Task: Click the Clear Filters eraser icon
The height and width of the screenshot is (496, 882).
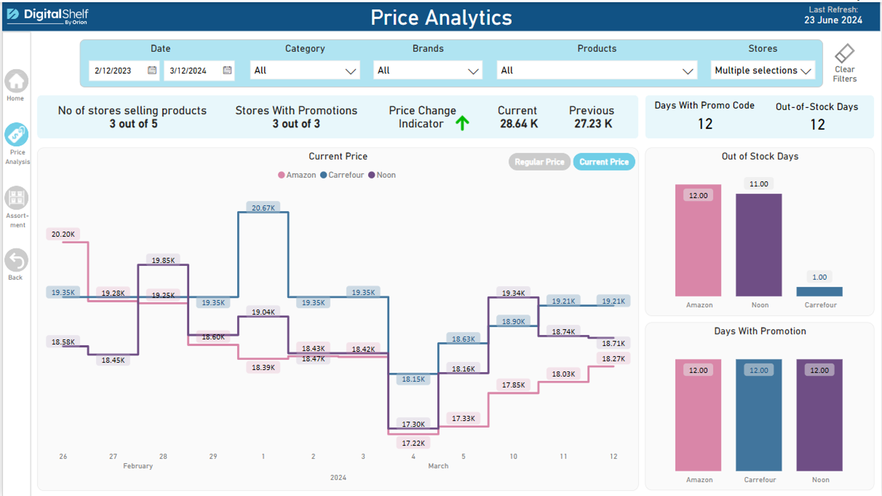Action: pos(844,54)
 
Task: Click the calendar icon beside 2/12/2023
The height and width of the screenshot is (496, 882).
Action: pos(152,70)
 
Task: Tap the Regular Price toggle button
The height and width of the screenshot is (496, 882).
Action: pos(539,162)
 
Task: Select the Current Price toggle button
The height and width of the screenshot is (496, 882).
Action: pos(604,162)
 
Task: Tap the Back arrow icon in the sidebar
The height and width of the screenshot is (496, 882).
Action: pos(16,260)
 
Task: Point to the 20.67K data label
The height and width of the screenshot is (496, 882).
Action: pos(263,208)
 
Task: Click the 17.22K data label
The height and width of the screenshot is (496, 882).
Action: pos(413,443)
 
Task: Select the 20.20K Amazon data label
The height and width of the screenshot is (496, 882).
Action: pos(63,234)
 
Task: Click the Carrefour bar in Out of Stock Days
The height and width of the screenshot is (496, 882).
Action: pos(819,292)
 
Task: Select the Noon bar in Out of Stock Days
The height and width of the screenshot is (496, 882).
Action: pos(758,245)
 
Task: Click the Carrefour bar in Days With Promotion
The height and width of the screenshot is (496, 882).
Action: pos(758,415)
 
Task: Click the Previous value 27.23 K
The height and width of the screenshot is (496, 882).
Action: pos(593,124)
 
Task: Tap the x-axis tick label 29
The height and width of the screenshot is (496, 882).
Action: pos(213,456)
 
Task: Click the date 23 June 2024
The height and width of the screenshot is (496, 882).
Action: pos(833,20)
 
